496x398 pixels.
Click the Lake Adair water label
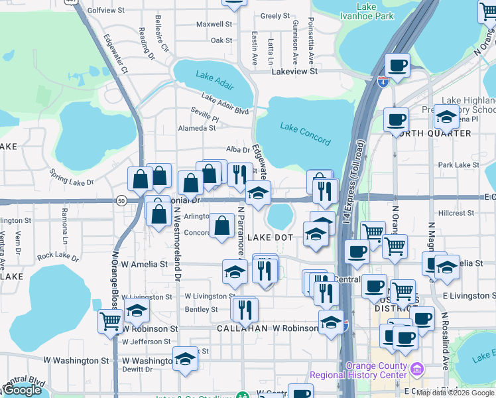[x=215, y=78]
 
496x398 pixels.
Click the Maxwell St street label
[x=214, y=24]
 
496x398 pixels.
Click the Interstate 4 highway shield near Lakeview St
[x=383, y=82]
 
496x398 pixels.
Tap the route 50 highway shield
[x=121, y=200]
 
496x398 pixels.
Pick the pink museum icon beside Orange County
[x=417, y=368]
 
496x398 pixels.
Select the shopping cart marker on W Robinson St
[x=110, y=322]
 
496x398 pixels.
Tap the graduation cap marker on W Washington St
[x=186, y=359]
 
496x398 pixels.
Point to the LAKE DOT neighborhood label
[x=270, y=237]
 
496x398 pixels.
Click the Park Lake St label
[x=458, y=165]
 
